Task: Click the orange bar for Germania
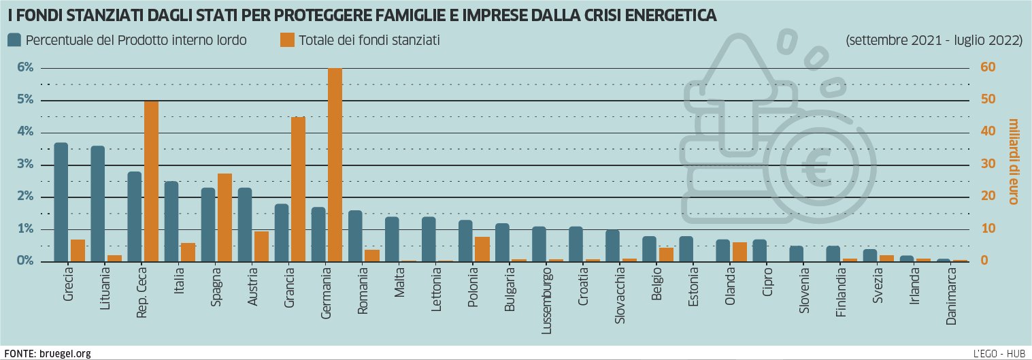tap(335, 165)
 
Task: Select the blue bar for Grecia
tap(61, 202)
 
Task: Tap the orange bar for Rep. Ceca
tap(151, 181)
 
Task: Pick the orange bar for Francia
tap(298, 189)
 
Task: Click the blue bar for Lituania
tap(98, 203)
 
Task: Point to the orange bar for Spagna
tap(224, 218)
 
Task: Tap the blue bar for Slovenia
tap(796, 254)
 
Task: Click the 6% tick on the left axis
tap(24, 68)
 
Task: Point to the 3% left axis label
tap(24, 165)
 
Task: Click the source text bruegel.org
tap(65, 354)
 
